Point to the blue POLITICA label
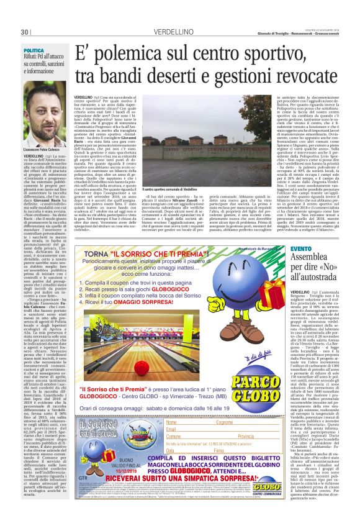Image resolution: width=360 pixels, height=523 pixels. (34, 50)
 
